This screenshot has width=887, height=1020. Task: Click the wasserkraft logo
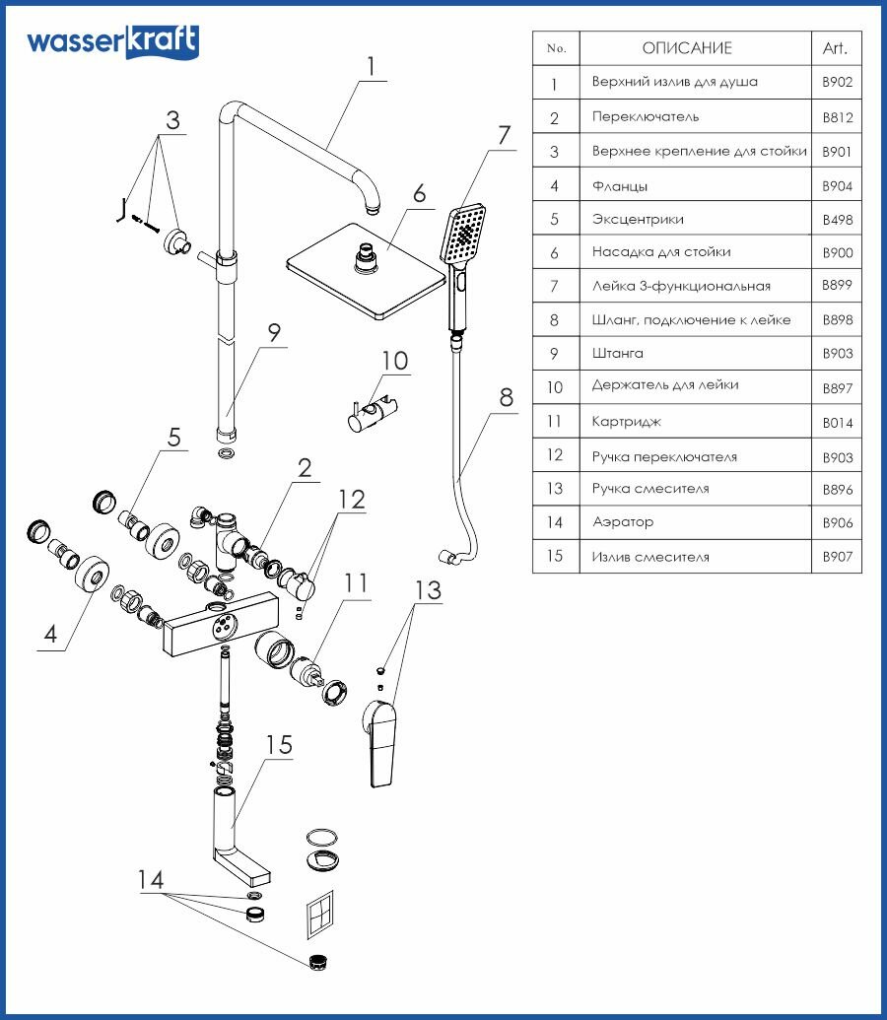tap(112, 42)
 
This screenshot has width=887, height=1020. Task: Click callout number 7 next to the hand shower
tap(504, 136)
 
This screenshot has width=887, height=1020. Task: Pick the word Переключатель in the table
tap(646, 117)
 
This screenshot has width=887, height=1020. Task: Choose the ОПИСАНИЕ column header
tap(687, 47)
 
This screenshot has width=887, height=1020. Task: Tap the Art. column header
tap(834, 47)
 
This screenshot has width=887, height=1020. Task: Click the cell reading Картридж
tap(627, 422)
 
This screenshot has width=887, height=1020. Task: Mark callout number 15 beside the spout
tap(279, 745)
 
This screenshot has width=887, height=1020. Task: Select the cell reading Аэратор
tap(623, 522)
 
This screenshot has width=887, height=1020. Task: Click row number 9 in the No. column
tap(555, 354)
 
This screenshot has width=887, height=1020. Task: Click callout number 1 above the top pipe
tap(370, 67)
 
